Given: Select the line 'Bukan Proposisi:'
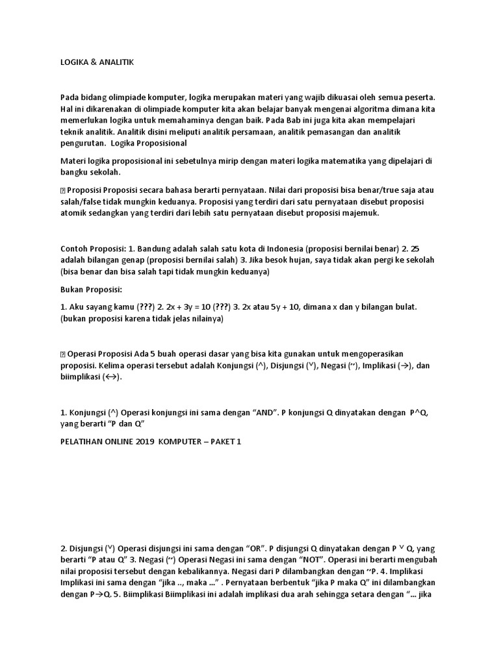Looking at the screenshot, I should [90, 289].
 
